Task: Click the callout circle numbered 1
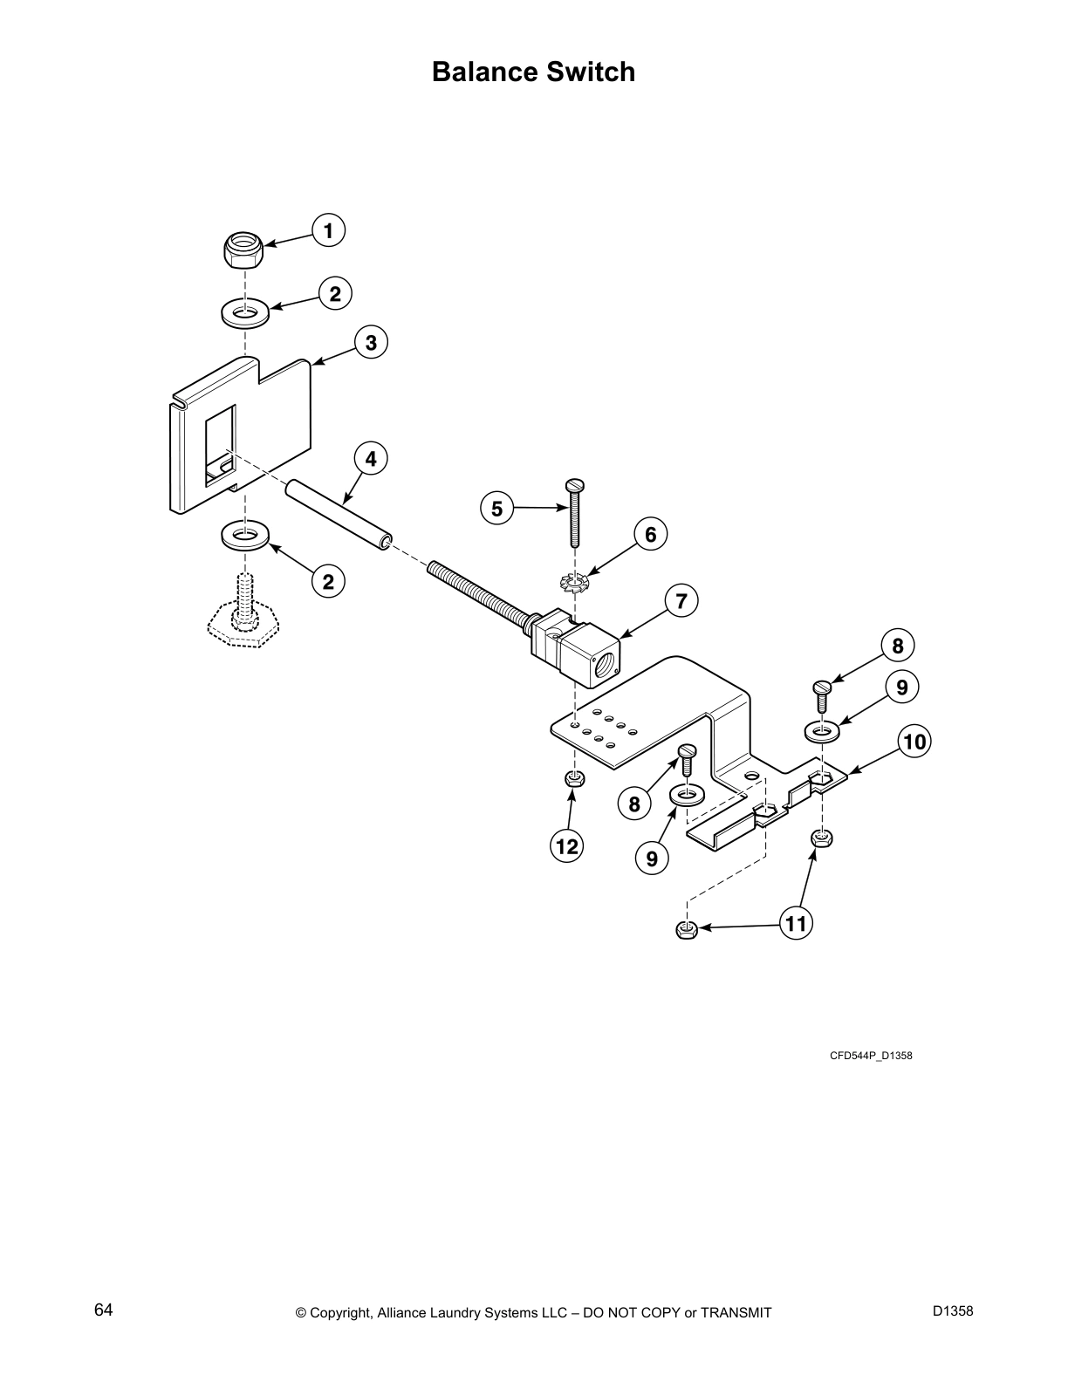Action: pos(328,231)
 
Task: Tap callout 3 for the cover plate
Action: pos(371,342)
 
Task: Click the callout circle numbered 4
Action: pos(371,458)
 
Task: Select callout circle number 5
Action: pos(497,509)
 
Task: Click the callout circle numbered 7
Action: pos(681,600)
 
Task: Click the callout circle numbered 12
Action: pos(566,845)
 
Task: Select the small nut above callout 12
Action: pos(572,778)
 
